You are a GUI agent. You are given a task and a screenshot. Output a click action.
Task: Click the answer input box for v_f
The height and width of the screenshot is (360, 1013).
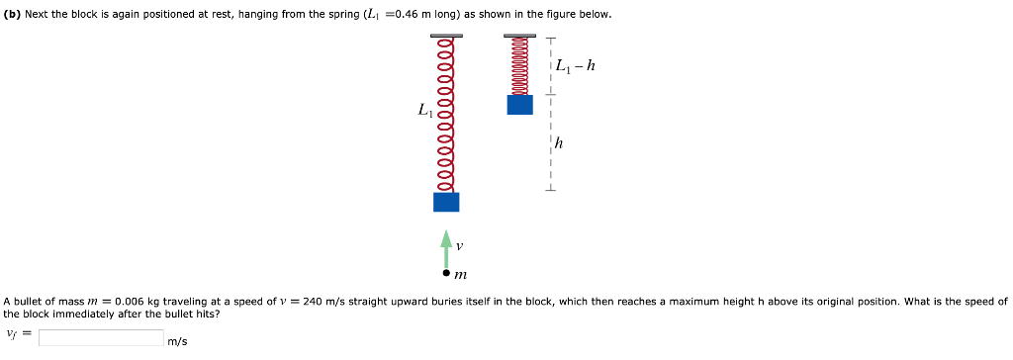tap(101, 338)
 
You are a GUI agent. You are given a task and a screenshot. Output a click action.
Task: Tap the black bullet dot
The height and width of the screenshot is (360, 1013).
tap(446, 272)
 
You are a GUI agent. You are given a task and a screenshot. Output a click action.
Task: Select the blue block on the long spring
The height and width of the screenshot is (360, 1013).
tap(446, 202)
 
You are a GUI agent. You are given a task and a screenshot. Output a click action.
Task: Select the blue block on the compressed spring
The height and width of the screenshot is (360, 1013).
tap(519, 104)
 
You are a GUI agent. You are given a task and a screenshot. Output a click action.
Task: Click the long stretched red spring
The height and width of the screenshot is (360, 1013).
tap(446, 114)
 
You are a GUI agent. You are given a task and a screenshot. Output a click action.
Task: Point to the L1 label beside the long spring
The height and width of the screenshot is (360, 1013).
tap(424, 111)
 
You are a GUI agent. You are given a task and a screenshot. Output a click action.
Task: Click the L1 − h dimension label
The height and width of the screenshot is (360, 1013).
tap(576, 67)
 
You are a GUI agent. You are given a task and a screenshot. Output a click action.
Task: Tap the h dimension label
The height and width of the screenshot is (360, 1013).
tap(560, 143)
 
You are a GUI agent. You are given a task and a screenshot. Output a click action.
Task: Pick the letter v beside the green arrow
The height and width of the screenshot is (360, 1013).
tap(460, 244)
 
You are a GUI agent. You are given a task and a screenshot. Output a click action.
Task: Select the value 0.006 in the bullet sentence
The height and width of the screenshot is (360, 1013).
tap(129, 301)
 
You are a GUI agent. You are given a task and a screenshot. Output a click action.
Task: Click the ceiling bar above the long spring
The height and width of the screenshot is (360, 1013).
tap(446, 36)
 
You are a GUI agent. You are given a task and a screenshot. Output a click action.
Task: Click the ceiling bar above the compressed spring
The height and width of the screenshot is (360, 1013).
tap(519, 36)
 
